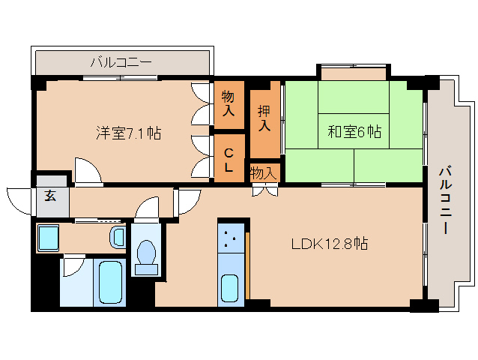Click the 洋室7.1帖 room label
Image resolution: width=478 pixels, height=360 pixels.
tap(128, 133)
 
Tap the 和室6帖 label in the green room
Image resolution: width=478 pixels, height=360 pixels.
tap(354, 133)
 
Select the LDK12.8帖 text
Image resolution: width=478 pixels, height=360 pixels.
tap(329, 243)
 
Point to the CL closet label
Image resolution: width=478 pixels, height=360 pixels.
tap(229, 159)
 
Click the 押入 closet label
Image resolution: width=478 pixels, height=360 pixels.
tap(264, 118)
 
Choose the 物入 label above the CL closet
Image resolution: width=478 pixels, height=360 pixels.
tap(229, 104)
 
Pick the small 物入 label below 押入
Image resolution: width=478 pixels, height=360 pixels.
tap(263, 173)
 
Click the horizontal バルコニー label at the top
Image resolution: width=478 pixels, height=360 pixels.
tap(121, 62)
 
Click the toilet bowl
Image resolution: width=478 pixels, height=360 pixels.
tap(147, 255)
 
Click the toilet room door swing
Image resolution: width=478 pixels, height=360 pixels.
tap(148, 209)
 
